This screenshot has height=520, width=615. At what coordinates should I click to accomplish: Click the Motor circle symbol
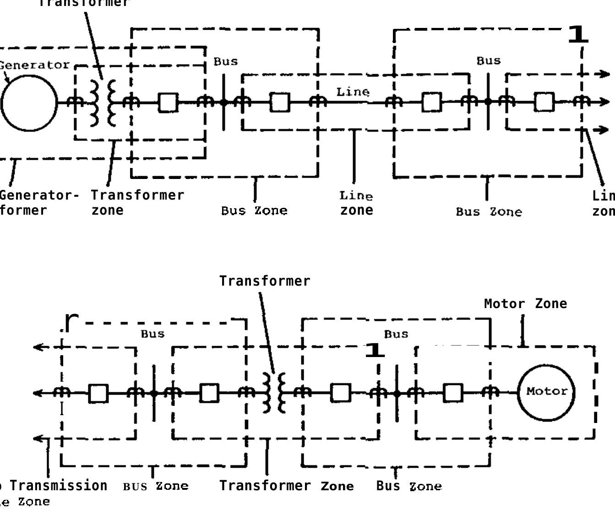tap(546, 392)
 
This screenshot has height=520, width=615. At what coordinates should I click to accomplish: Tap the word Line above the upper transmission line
tap(353, 92)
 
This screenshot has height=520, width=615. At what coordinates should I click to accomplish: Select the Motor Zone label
tap(525, 303)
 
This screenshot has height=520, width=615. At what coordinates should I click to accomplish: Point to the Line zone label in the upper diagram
tap(356, 203)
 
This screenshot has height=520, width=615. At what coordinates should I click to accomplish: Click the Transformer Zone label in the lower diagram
tap(286, 486)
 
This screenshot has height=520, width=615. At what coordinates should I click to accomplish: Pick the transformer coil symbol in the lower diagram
tap(274, 393)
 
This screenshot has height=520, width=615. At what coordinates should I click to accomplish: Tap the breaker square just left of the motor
tap(453, 393)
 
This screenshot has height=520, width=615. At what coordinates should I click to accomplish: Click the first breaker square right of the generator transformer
tap(168, 103)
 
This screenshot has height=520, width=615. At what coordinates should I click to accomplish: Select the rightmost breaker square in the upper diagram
tap(544, 102)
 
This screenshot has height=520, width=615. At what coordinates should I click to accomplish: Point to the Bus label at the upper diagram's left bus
tap(226, 61)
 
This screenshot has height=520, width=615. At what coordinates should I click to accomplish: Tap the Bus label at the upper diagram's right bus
tap(489, 61)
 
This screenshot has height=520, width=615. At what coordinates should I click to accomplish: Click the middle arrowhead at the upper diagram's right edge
tap(604, 102)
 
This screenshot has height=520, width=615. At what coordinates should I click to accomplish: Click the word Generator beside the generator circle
tap(35, 65)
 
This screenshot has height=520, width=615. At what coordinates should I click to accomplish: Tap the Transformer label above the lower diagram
tap(265, 281)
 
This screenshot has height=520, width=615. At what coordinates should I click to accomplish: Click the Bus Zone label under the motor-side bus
tap(409, 486)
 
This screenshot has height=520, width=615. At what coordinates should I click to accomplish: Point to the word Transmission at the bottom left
tap(59, 486)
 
